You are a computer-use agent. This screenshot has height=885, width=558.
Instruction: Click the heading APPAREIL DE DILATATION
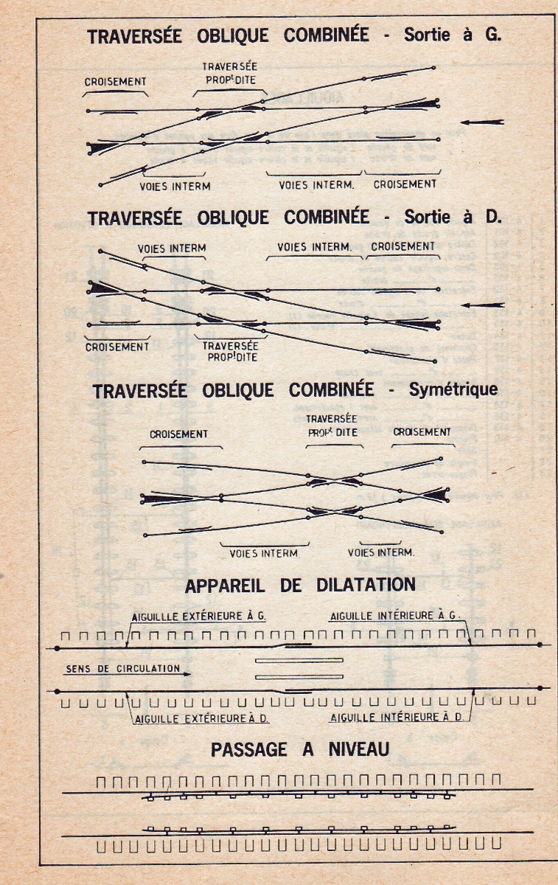click(x=300, y=585)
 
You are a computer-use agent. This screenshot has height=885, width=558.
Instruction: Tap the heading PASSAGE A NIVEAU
click(x=300, y=749)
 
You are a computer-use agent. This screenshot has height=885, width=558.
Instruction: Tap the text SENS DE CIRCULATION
click(x=122, y=669)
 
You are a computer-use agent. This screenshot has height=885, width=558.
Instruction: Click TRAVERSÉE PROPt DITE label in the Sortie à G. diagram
click(x=229, y=73)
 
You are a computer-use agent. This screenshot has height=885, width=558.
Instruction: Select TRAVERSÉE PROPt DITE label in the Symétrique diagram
click(x=332, y=427)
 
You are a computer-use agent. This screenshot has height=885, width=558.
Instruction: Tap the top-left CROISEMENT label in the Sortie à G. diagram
click(x=116, y=82)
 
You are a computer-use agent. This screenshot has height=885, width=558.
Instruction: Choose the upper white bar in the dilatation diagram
click(x=299, y=659)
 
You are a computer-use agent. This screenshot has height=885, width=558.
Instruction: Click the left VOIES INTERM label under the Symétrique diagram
click(x=264, y=552)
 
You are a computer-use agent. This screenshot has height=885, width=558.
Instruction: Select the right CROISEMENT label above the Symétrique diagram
click(x=422, y=432)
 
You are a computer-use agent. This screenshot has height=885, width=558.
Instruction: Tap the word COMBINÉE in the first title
click(x=326, y=35)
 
